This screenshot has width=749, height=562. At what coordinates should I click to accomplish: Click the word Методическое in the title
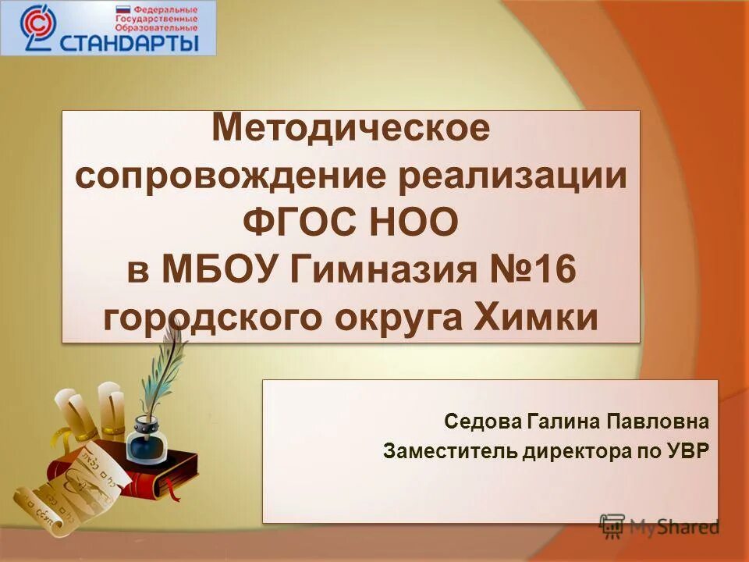[x=352, y=128]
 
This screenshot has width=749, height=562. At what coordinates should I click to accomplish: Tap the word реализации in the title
[x=513, y=176]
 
